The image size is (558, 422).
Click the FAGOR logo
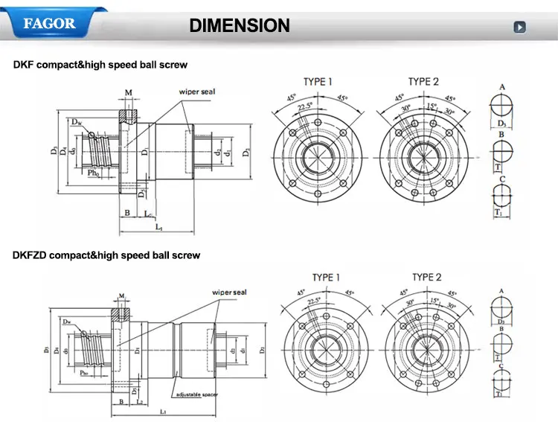[50, 23]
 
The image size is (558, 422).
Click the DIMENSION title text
[239, 25]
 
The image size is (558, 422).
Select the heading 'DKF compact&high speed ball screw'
[100, 65]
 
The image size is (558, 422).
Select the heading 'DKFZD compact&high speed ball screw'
[106, 255]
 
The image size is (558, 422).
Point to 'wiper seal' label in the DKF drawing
[196, 92]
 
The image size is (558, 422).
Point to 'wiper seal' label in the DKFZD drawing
[229, 292]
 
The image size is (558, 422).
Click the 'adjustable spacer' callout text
[196, 394]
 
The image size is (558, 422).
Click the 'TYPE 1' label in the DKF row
[318, 81]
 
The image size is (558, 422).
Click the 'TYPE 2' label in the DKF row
[423, 81]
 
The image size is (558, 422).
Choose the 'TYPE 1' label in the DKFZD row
[326, 278]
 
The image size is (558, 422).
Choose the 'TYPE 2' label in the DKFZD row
[427, 278]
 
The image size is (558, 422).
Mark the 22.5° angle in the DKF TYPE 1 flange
[306, 106]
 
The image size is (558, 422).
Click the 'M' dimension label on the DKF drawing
[129, 93]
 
